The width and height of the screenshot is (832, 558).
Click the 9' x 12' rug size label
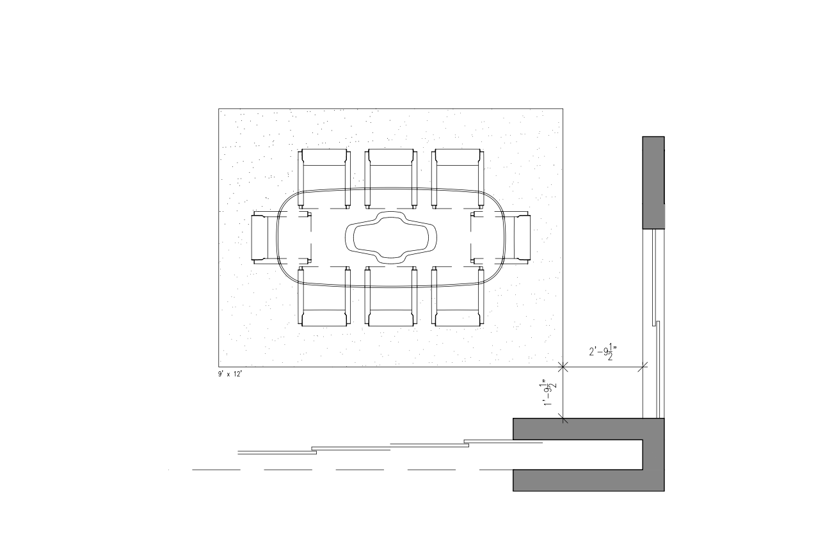coord(230,374)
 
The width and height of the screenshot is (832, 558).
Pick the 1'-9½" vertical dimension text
coord(549,392)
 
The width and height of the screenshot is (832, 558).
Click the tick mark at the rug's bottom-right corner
coord(563,367)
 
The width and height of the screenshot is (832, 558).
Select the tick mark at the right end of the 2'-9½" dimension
coord(643,367)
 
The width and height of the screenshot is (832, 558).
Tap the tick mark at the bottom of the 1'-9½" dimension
coord(563,418)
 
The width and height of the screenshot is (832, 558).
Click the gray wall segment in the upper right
coord(653,182)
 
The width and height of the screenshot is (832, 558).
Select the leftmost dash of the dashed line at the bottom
coord(216,470)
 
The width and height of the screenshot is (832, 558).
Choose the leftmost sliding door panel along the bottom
coord(276,452)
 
